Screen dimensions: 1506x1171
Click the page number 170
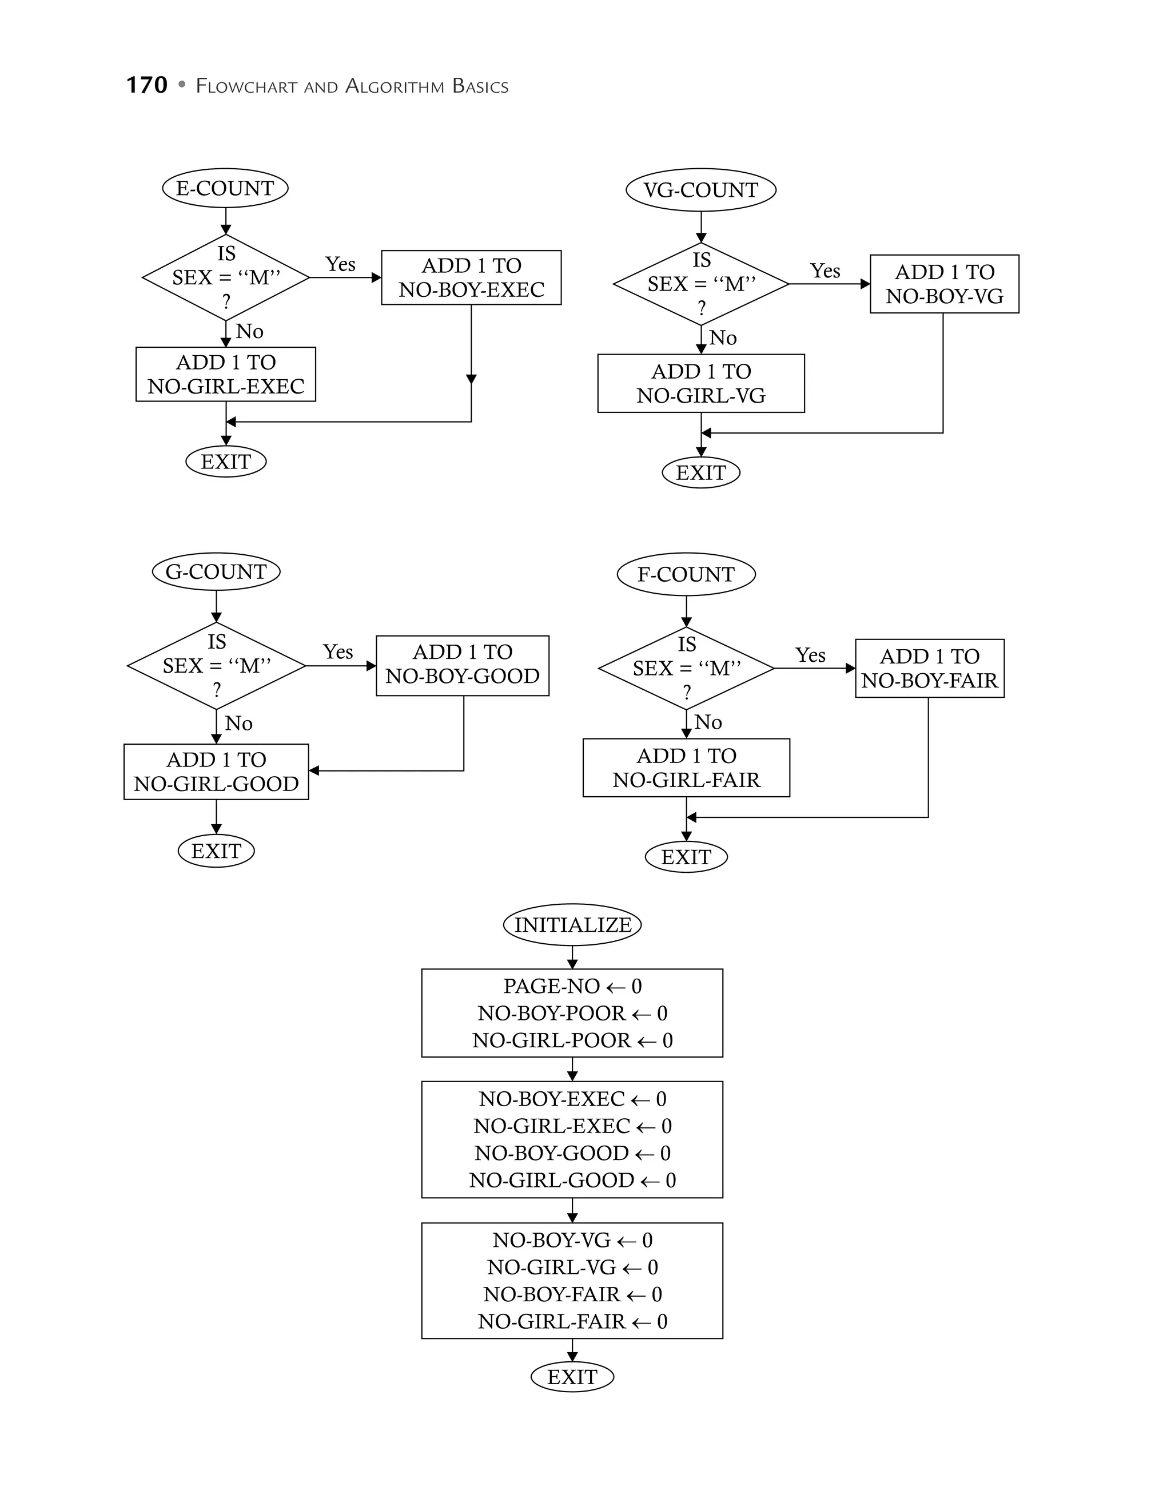(147, 85)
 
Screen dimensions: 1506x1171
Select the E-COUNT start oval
(225, 188)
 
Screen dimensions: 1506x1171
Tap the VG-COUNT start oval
(700, 190)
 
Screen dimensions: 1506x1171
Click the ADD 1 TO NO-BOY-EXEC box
(472, 277)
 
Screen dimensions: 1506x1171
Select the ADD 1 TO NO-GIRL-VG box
(700, 383)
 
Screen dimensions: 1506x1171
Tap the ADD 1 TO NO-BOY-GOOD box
(463, 665)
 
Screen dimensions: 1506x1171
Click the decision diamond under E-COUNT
(225, 277)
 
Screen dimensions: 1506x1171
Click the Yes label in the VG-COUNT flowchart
(825, 271)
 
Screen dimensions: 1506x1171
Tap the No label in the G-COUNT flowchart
(238, 724)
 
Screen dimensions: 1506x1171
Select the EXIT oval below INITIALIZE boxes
(572, 1377)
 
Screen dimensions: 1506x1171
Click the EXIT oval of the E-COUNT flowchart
(225, 462)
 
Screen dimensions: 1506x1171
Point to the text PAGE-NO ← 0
(572, 986)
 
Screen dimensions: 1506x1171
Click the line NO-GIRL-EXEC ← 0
(572, 1126)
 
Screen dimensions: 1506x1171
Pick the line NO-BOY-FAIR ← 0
(572, 1294)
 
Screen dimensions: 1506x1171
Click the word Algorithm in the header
(393, 86)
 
